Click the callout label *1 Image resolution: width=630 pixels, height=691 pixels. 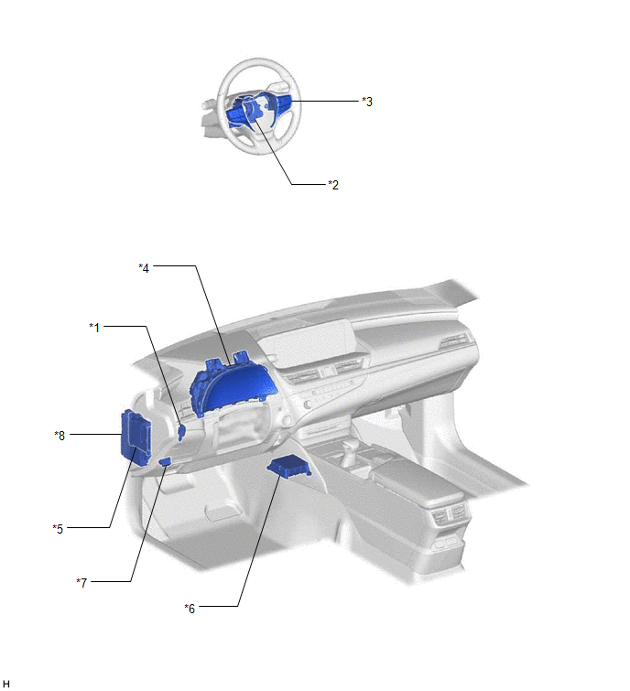click(x=94, y=328)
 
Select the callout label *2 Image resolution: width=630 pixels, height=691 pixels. click(x=333, y=185)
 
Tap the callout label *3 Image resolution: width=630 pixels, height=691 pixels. click(x=367, y=102)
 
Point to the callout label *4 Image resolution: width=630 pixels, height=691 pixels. click(x=144, y=267)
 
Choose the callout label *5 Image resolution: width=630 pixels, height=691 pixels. click(x=58, y=528)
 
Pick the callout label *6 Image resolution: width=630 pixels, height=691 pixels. click(x=190, y=608)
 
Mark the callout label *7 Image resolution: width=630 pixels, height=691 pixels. click(x=81, y=583)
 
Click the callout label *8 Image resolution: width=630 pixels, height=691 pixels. click(x=60, y=436)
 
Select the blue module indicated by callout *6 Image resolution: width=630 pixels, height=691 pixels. click(x=288, y=468)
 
